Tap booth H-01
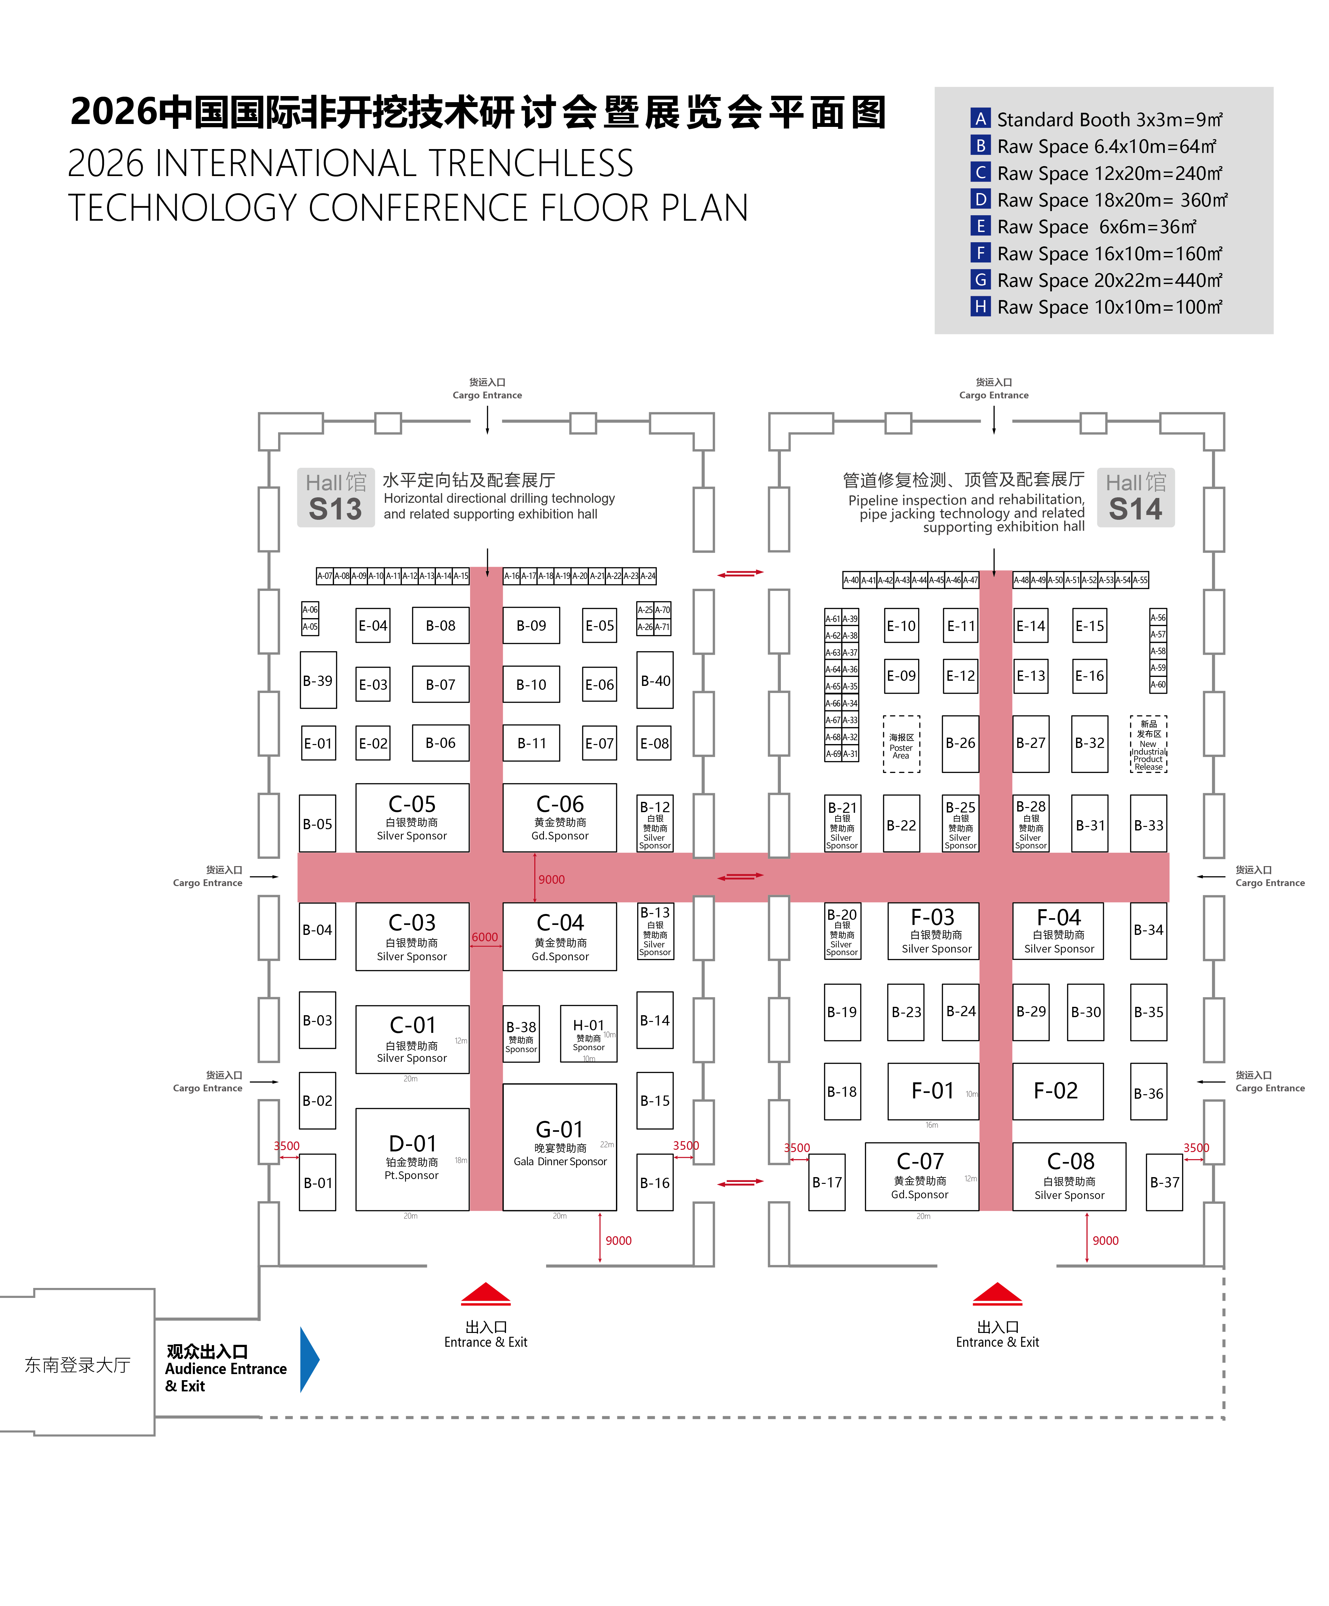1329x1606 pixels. pyautogui.click(x=588, y=1033)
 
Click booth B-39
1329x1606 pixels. pyautogui.click(x=318, y=680)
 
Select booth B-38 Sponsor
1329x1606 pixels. pyautogui.click(x=521, y=1033)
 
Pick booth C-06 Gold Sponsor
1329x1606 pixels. pyautogui.click(x=559, y=817)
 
